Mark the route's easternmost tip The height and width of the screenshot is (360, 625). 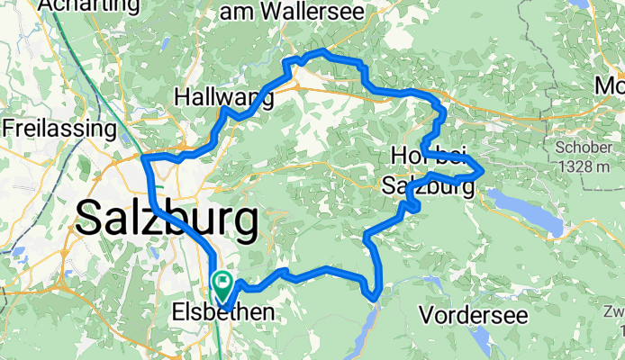(x=485, y=168)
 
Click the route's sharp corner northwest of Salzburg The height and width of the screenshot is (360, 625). (x=144, y=159)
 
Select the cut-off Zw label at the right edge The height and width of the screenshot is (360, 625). (x=615, y=311)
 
